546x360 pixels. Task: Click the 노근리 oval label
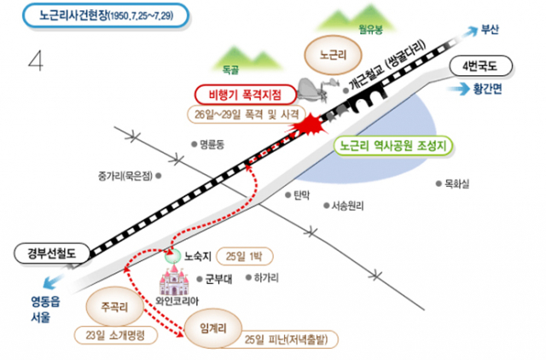(334, 55)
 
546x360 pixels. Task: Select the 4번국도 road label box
(481, 67)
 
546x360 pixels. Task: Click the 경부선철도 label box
(51, 253)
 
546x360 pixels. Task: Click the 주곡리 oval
(114, 307)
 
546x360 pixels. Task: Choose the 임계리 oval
(212, 328)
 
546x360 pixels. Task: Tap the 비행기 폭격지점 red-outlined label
(246, 95)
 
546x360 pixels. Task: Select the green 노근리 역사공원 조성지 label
(393, 146)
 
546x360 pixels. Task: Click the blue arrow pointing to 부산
(470, 32)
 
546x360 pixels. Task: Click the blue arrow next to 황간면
(458, 89)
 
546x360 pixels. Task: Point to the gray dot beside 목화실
(439, 183)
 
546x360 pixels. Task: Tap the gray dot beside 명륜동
(195, 144)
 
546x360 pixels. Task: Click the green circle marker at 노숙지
(173, 256)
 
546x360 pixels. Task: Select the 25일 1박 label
(245, 257)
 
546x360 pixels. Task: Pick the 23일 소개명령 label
(116, 335)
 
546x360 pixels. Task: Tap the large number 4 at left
(36, 61)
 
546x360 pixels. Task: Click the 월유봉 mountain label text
(371, 30)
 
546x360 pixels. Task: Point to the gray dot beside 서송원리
(326, 206)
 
